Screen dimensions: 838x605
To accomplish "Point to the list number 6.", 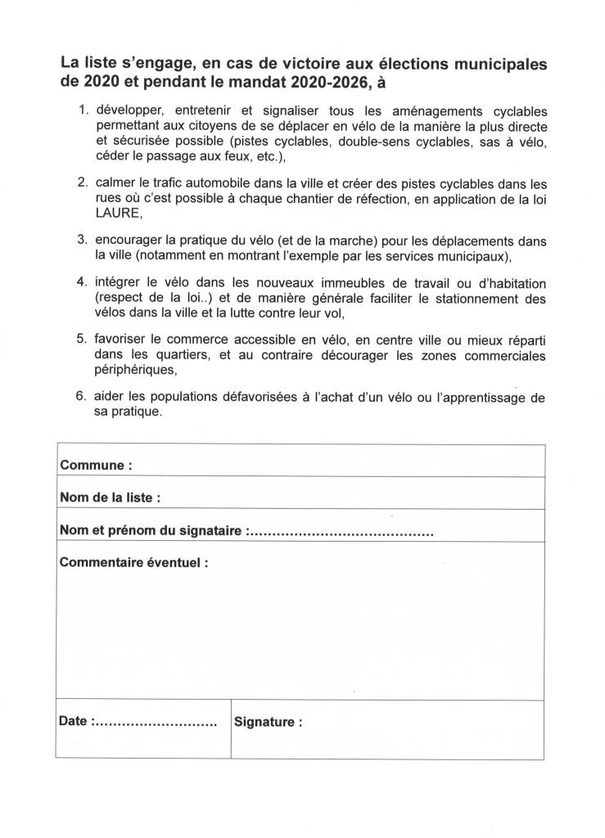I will [x=81, y=398].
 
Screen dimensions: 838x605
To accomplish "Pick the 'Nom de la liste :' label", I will [x=110, y=498].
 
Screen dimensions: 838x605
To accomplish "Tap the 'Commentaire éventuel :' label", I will [x=133, y=563].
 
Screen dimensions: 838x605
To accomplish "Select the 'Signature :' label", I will [x=268, y=723].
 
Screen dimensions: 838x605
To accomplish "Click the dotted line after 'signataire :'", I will [x=340, y=532].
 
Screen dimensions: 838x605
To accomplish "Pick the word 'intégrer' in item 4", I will [x=119, y=283].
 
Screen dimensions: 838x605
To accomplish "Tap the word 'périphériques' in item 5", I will [x=137, y=370].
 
